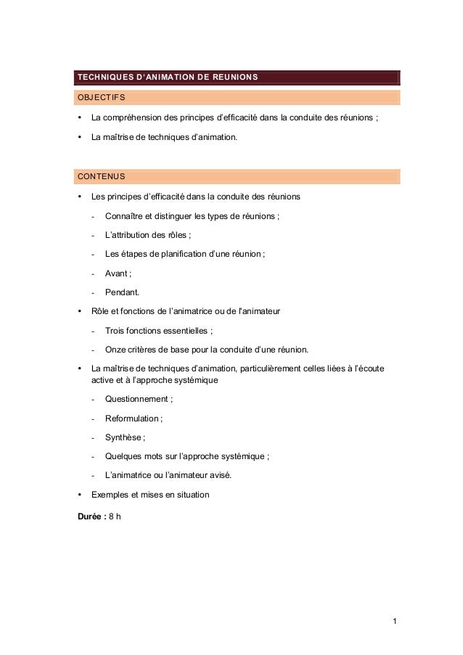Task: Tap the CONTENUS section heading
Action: coord(101,176)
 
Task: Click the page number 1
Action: coord(394,622)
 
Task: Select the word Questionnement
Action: coord(136,399)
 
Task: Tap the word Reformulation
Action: coord(132,418)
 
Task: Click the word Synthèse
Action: coord(123,437)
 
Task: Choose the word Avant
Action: coord(116,273)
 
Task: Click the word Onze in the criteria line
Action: coord(116,348)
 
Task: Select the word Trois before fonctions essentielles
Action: coord(115,330)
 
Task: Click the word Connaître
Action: coord(126,216)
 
